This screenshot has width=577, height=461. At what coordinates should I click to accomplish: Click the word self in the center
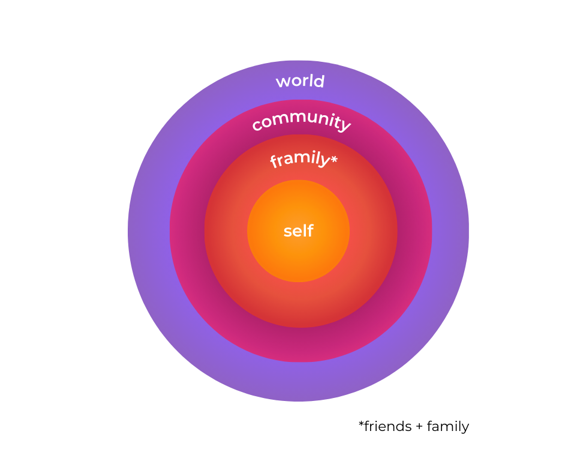[x=298, y=231]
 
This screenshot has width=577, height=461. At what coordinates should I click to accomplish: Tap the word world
[x=300, y=81]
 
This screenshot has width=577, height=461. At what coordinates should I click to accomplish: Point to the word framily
[x=299, y=160]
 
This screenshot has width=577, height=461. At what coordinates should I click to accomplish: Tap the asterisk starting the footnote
[x=362, y=424]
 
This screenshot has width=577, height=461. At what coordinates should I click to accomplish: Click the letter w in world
[x=282, y=82]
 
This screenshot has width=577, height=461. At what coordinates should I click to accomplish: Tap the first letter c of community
[x=256, y=126]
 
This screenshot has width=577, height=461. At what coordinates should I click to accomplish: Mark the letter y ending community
[x=344, y=125]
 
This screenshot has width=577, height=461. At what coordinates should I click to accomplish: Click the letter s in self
[x=287, y=232]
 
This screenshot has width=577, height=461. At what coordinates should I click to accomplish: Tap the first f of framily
[x=274, y=163]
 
